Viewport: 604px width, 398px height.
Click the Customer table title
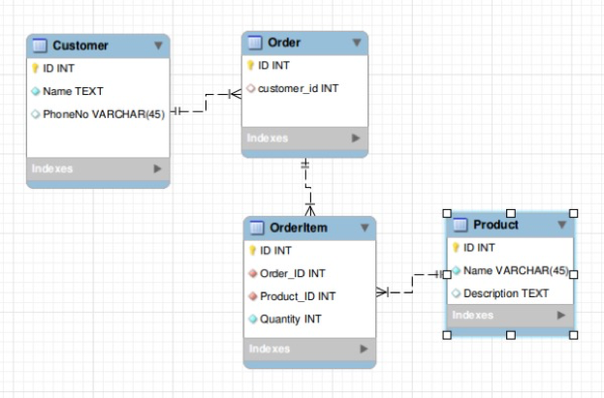(x=80, y=46)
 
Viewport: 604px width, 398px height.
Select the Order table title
(x=283, y=43)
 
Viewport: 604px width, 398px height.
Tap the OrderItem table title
(x=298, y=228)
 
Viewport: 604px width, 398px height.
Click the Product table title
(x=495, y=225)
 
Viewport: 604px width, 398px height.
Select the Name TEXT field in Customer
(x=73, y=92)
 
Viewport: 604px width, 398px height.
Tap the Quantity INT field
(x=291, y=319)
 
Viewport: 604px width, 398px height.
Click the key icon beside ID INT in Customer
(x=36, y=69)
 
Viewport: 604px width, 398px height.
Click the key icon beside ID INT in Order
(x=250, y=66)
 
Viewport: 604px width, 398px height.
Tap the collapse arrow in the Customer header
(x=158, y=46)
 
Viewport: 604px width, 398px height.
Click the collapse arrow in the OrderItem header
(x=364, y=228)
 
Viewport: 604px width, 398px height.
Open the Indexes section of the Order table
(x=268, y=138)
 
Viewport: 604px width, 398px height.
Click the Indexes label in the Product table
(x=473, y=316)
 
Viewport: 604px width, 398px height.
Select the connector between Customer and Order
(x=206, y=104)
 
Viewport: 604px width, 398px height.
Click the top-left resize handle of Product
(x=447, y=213)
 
